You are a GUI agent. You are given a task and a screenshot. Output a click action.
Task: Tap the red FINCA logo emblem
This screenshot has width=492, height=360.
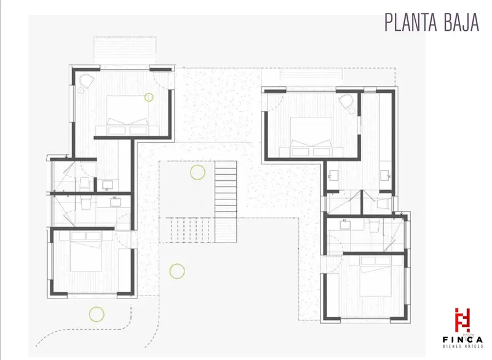point(462,320)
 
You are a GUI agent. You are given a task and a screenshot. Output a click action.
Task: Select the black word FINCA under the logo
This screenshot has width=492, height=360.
point(462,340)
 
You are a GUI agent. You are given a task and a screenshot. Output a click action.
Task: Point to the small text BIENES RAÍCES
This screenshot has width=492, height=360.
point(462,346)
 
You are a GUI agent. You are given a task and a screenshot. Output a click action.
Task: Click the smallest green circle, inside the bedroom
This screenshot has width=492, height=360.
point(149,97)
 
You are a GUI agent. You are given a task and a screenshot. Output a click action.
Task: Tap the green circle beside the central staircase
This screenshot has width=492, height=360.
point(197,172)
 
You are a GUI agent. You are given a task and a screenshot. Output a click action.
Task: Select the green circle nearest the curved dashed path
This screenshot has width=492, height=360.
point(97,314)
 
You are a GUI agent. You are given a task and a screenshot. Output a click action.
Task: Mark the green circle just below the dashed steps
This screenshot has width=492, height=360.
point(177,271)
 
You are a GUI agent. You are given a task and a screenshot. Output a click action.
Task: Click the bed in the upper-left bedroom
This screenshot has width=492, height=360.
point(128,115)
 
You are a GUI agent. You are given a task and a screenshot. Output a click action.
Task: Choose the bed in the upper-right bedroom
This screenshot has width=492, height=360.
point(311,137)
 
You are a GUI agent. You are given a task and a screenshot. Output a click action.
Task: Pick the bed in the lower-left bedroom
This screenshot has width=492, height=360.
point(86,252)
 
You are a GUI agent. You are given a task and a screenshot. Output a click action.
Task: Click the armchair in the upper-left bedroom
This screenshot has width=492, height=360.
point(87,81)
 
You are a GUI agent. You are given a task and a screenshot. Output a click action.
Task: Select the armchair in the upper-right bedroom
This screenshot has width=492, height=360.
point(346,101)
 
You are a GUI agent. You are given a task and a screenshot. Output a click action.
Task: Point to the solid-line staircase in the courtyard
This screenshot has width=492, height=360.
point(226,201)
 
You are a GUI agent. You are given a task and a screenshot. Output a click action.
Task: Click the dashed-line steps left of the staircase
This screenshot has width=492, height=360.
point(187,230)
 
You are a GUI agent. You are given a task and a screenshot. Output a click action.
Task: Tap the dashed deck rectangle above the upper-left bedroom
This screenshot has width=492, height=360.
point(125,48)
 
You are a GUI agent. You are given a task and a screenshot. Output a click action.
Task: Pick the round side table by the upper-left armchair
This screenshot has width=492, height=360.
point(81,90)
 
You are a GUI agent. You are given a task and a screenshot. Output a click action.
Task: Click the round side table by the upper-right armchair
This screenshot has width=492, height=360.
point(352,111)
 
